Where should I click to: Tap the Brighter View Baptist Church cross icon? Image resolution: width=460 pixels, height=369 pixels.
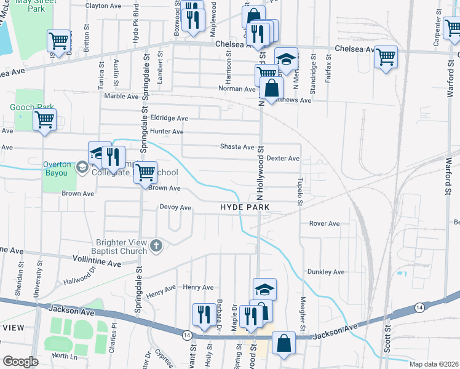coord(156,247)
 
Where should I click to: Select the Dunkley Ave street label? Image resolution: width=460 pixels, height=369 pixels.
coord(326,272)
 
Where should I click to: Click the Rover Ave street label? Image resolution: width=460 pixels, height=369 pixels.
coord(324,224)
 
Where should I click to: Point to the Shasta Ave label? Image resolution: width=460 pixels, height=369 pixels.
coord(237,147)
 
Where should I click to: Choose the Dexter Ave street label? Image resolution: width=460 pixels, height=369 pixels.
coord(283,159)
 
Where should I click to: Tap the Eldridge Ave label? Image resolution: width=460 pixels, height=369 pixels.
coord(169,118)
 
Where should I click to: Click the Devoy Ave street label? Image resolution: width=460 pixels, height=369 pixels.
coord(176,207)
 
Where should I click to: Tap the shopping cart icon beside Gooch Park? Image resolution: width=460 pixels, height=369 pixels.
coord(44,120)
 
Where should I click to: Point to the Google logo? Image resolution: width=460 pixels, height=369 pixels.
coord(20,362)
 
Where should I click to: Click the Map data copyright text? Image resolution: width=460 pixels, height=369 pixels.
coord(434,364)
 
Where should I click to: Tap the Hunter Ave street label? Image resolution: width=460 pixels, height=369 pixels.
coord(167,132)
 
